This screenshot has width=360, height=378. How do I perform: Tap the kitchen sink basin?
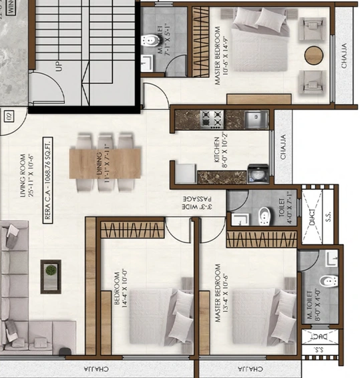tap(254, 120)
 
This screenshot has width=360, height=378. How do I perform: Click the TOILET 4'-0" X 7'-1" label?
tap(283, 208)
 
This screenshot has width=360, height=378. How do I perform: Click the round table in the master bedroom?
tap(314, 55)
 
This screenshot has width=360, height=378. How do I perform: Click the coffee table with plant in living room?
tap(50, 271)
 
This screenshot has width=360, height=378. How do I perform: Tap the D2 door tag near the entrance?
tap(10, 117)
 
